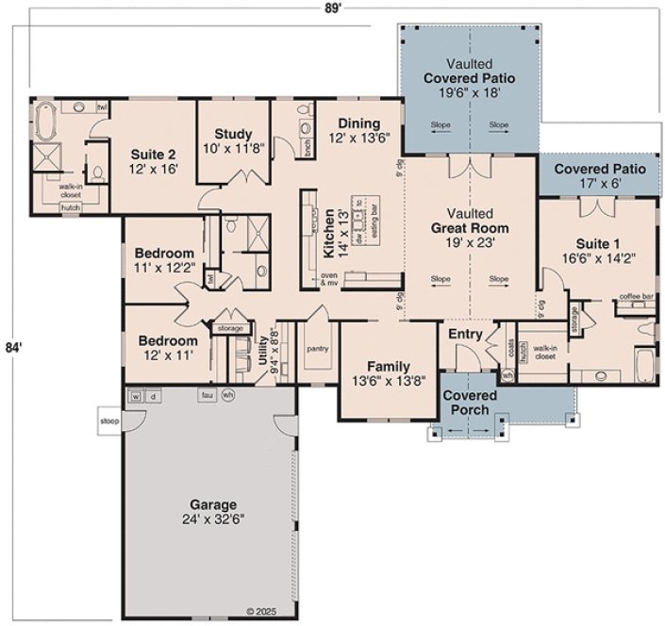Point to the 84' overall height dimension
click(x=12, y=347)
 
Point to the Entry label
click(x=466, y=335)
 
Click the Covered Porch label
click(x=465, y=404)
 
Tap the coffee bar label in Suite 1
click(x=636, y=297)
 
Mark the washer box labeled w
click(x=136, y=395)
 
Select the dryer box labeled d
click(x=152, y=395)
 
